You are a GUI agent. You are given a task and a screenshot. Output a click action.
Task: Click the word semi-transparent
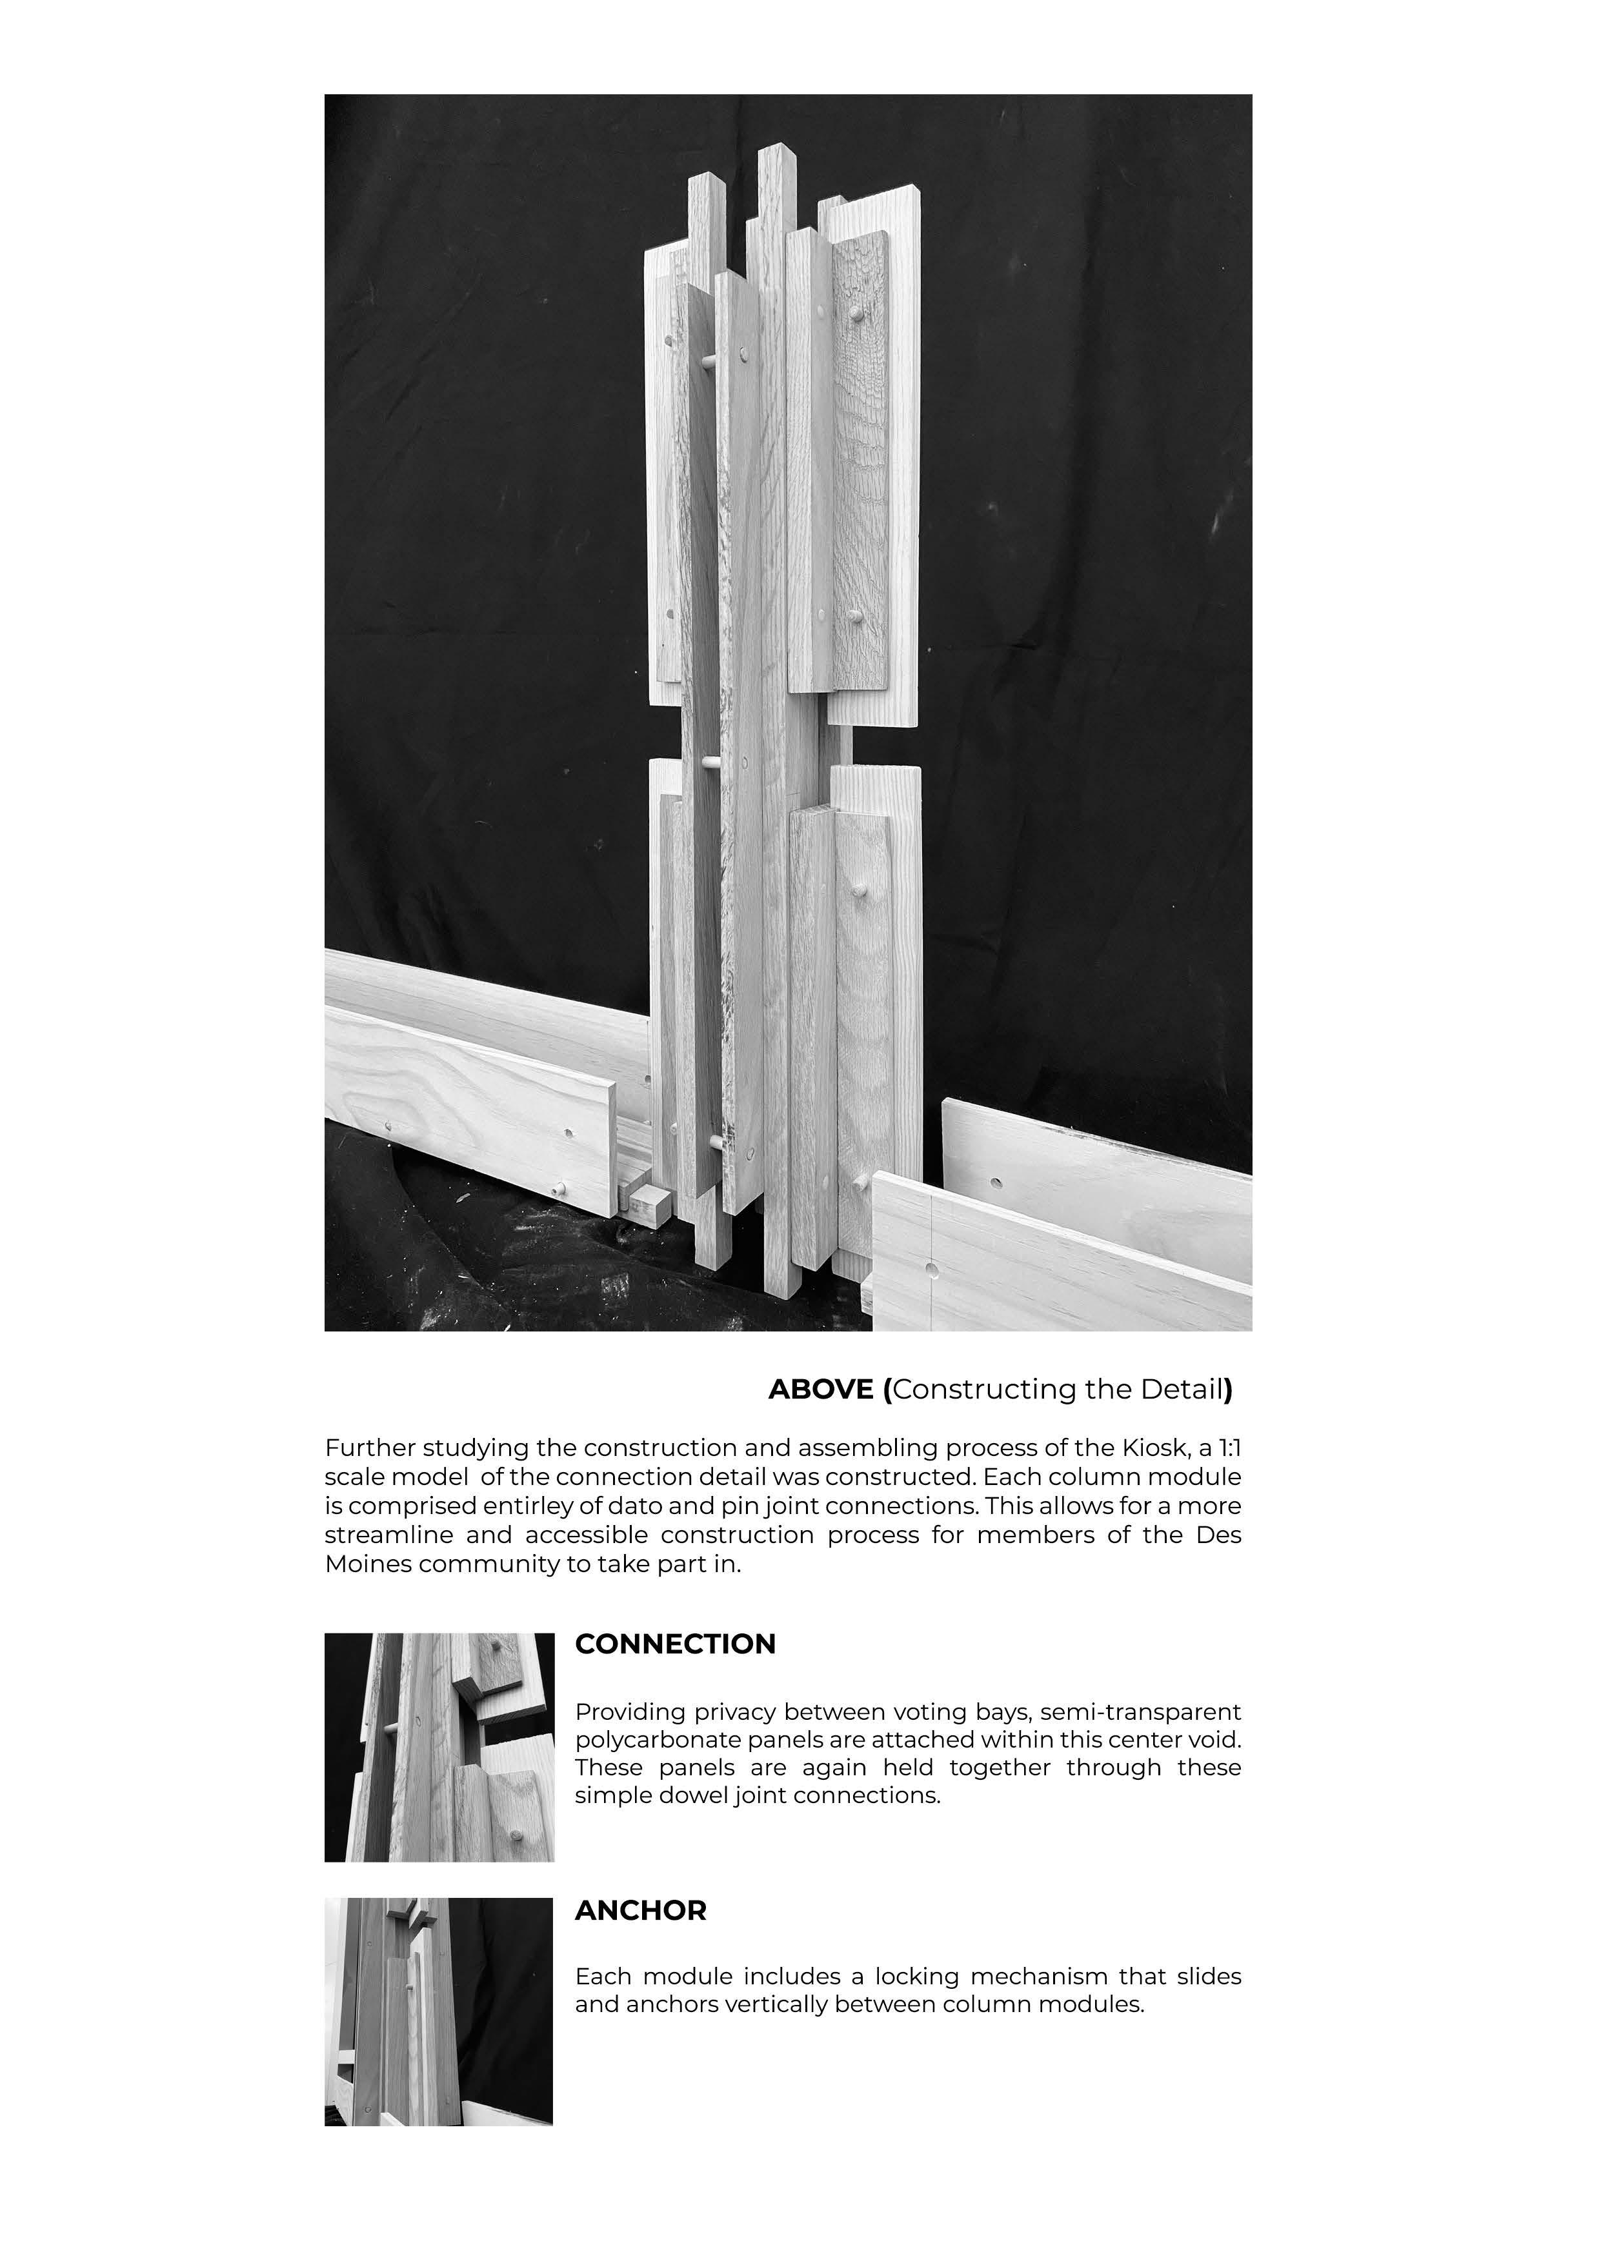(1141, 1712)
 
